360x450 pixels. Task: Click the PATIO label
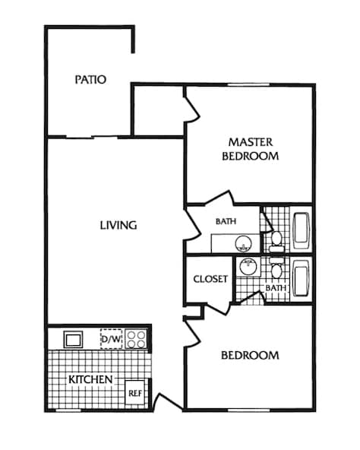coord(90,79)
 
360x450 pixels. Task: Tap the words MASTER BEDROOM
coord(250,149)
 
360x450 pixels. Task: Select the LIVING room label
coord(118,225)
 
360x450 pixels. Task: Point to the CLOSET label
coord(210,279)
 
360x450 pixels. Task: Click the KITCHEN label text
coord(90,379)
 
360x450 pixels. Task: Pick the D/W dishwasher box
coord(111,337)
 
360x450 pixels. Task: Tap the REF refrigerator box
coord(134,392)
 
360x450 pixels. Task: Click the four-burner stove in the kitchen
coord(136,337)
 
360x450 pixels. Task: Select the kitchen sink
coord(74,338)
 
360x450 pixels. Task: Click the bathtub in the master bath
coord(301,231)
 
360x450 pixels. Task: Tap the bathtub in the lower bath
coord(301,278)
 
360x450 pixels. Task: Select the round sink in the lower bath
coord(247,267)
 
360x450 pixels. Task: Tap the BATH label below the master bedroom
coord(226,222)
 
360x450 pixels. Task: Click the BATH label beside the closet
coord(275,289)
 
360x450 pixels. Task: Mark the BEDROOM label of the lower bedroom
coord(250,355)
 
